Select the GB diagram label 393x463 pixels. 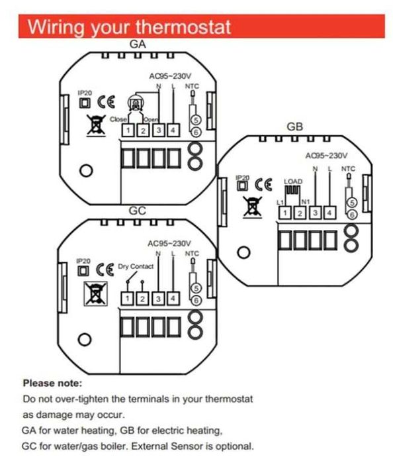click(x=295, y=127)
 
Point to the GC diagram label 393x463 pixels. click(x=138, y=211)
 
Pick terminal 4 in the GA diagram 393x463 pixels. click(x=173, y=130)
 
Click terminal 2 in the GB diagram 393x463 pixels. click(x=299, y=213)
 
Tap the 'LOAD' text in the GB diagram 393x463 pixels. click(x=292, y=181)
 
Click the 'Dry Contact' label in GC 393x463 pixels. click(x=135, y=266)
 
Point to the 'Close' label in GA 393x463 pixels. click(x=118, y=119)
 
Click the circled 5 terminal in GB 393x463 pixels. click(x=353, y=201)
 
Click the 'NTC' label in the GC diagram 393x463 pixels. click(x=191, y=253)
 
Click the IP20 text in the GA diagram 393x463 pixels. click(x=83, y=93)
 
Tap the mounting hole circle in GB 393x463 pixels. click(x=243, y=252)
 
